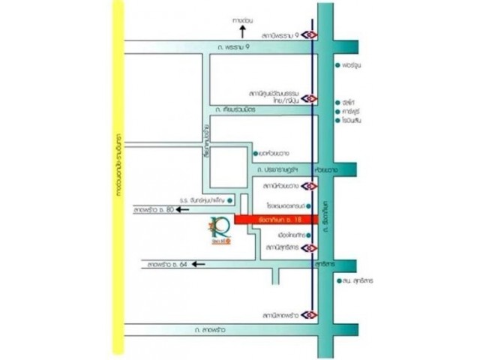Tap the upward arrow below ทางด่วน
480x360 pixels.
click(x=241, y=32)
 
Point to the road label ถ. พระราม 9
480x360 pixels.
click(x=229, y=47)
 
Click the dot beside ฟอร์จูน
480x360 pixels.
click(x=338, y=64)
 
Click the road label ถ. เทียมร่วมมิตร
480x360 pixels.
click(x=235, y=110)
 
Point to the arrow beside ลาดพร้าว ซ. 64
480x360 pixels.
click(x=197, y=264)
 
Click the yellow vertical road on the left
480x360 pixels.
click(x=115, y=180)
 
